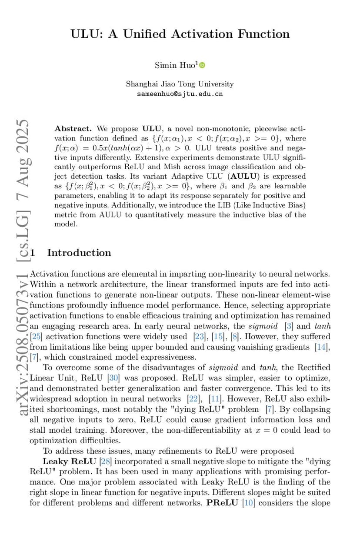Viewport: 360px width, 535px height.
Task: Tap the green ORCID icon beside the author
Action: (202, 65)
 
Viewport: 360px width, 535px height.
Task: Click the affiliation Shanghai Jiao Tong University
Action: (180, 84)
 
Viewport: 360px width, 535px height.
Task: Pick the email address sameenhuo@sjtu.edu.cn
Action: (180, 94)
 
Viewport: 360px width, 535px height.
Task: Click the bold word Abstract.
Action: (73, 129)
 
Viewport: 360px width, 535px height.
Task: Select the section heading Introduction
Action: (79, 253)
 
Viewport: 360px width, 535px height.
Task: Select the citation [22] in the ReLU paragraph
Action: (192, 399)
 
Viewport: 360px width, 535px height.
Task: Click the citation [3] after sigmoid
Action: (288, 326)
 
